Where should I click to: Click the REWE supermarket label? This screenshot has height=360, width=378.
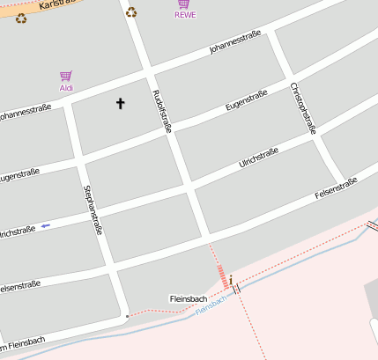point(185,15)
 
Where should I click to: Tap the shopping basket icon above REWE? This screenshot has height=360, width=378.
point(184,4)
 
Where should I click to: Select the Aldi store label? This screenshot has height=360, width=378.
point(66,88)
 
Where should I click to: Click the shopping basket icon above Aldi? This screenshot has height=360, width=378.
point(65,77)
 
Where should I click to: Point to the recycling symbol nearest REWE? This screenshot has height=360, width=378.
point(131,12)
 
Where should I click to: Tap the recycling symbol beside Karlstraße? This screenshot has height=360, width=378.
point(21,17)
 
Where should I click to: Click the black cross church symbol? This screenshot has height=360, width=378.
point(121,104)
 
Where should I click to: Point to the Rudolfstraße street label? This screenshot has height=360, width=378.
point(162,111)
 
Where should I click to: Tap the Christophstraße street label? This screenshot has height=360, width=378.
point(303,107)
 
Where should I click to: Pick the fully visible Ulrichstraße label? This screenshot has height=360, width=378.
point(258,158)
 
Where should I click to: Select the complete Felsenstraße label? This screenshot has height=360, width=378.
point(335,187)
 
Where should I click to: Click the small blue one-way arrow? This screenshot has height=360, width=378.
point(46,226)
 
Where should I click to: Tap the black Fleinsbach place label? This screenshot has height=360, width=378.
point(187,299)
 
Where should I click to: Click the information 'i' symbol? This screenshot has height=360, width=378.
point(231,280)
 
